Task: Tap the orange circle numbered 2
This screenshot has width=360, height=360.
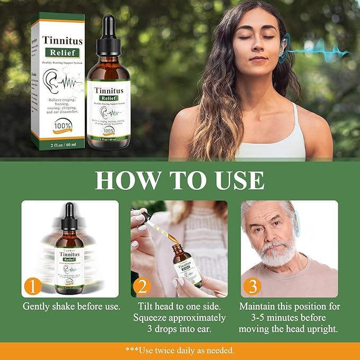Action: click(142, 286)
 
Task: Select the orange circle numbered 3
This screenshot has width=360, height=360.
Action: click(252, 286)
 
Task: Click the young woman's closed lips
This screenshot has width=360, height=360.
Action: click(258, 59)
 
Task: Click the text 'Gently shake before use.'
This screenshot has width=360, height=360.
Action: click(72, 306)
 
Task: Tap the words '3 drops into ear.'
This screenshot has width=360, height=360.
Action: click(179, 329)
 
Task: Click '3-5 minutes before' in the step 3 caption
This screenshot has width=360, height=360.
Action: click(289, 318)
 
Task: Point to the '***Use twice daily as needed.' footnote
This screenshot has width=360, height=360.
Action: click(180, 350)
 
